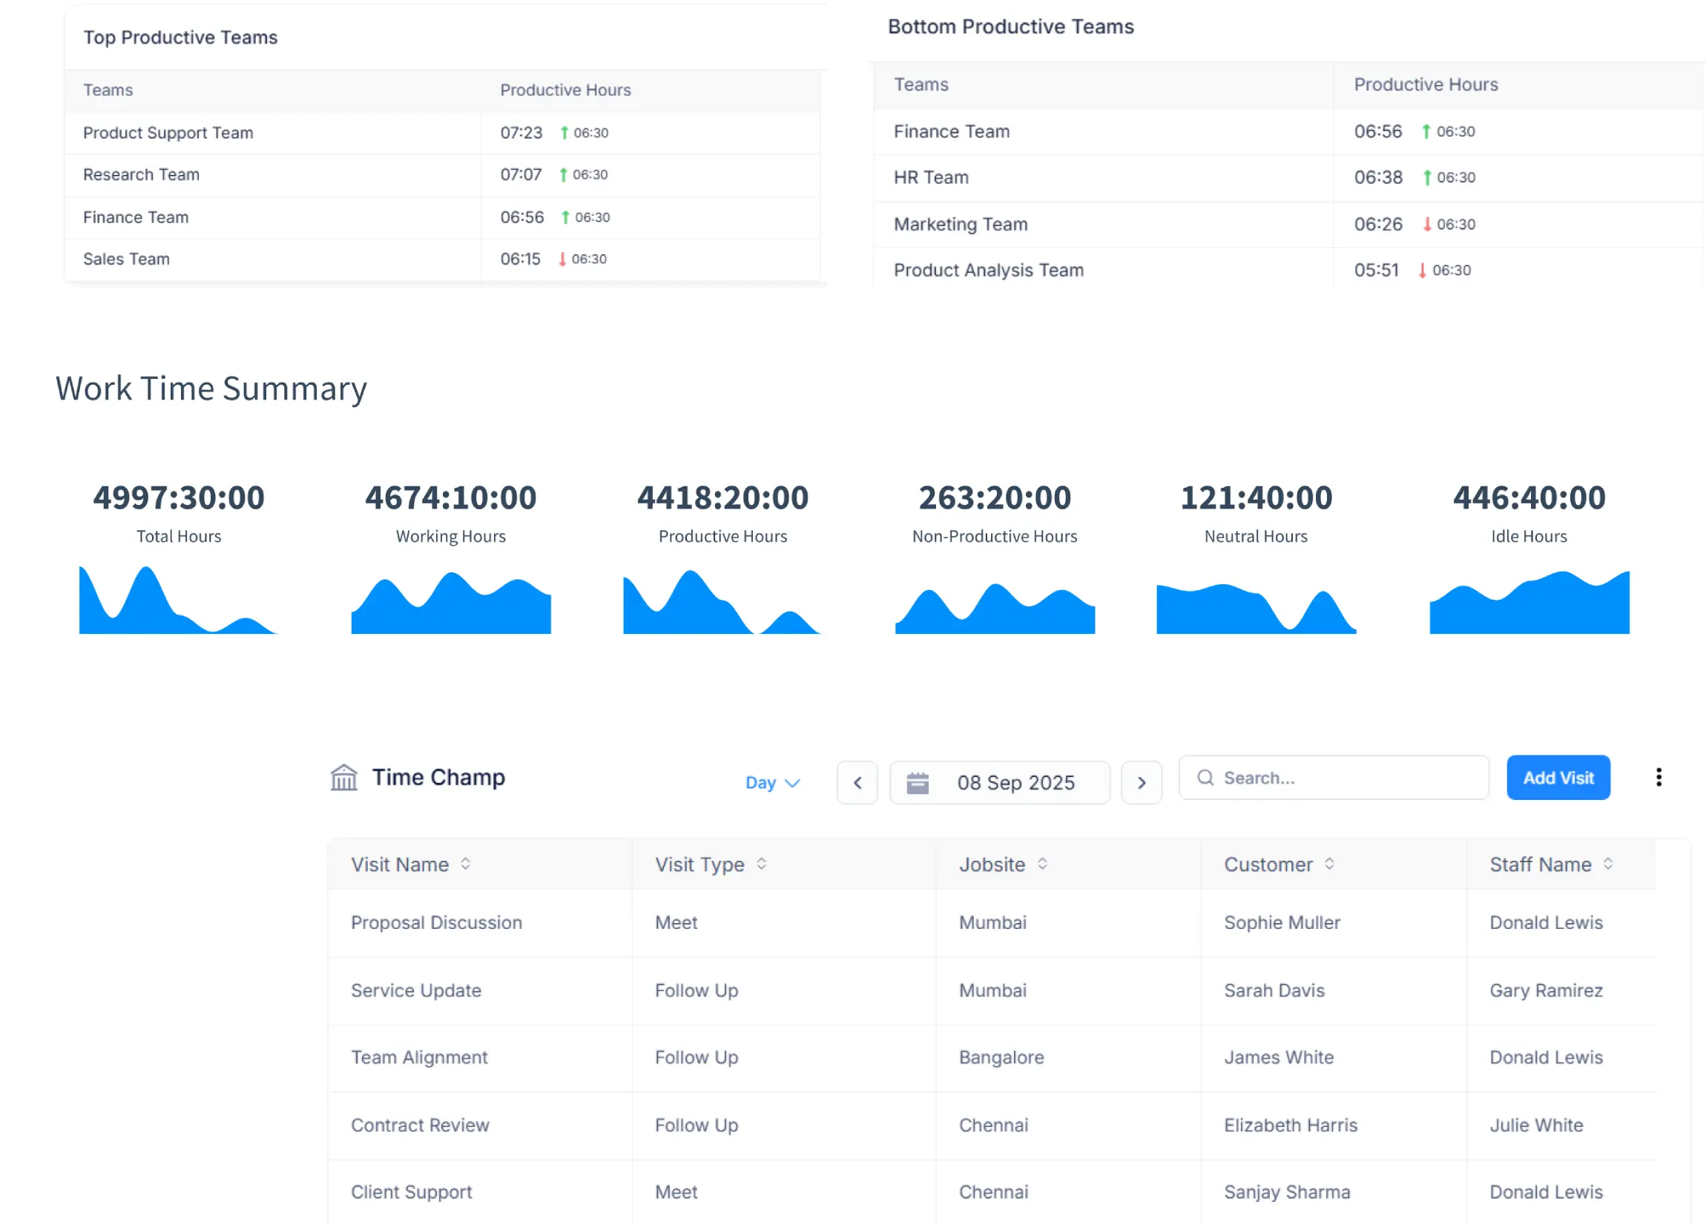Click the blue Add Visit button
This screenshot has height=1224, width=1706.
pyautogui.click(x=1558, y=778)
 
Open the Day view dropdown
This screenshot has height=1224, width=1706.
pyautogui.click(x=771, y=783)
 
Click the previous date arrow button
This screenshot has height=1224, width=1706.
pyautogui.click(x=857, y=783)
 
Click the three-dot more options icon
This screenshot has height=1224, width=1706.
pyautogui.click(x=1658, y=778)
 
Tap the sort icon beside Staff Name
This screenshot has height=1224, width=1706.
pyautogui.click(x=1608, y=864)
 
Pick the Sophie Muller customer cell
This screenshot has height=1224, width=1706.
pyautogui.click(x=1282, y=922)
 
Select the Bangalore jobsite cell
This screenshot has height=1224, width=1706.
pyautogui.click(x=1001, y=1057)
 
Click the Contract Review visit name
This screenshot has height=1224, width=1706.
pyautogui.click(x=420, y=1125)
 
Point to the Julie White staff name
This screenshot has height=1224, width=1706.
pyautogui.click(x=1536, y=1125)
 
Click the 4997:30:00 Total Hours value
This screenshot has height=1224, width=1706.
pyautogui.click(x=179, y=497)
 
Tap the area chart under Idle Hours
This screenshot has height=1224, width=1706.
pyautogui.click(x=1529, y=605)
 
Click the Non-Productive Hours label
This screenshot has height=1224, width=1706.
pyautogui.click(x=995, y=536)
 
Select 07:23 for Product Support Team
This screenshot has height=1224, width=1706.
pyautogui.click(x=521, y=133)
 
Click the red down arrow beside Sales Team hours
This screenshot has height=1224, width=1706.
pyautogui.click(x=562, y=259)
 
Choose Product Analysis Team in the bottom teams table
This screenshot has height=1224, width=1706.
pyautogui.click(x=989, y=270)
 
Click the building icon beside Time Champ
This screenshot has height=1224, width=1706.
pyautogui.click(x=344, y=778)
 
